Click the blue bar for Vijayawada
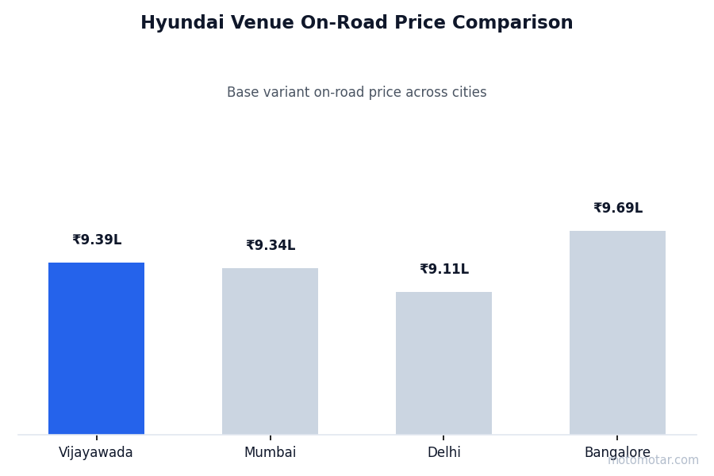coord(96,348)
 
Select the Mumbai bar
coord(270,351)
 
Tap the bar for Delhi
coord(443,363)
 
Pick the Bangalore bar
coord(617,332)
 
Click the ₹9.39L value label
coord(97,240)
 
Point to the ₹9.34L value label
coord(271,246)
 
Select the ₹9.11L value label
coord(444,270)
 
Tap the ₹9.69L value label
coord(618,209)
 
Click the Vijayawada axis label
coord(96,453)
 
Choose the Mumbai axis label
coord(270,453)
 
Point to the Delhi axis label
coord(443,453)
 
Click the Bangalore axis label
coord(617,453)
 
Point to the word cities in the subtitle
coord(469,93)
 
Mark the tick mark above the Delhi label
coord(443,437)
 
